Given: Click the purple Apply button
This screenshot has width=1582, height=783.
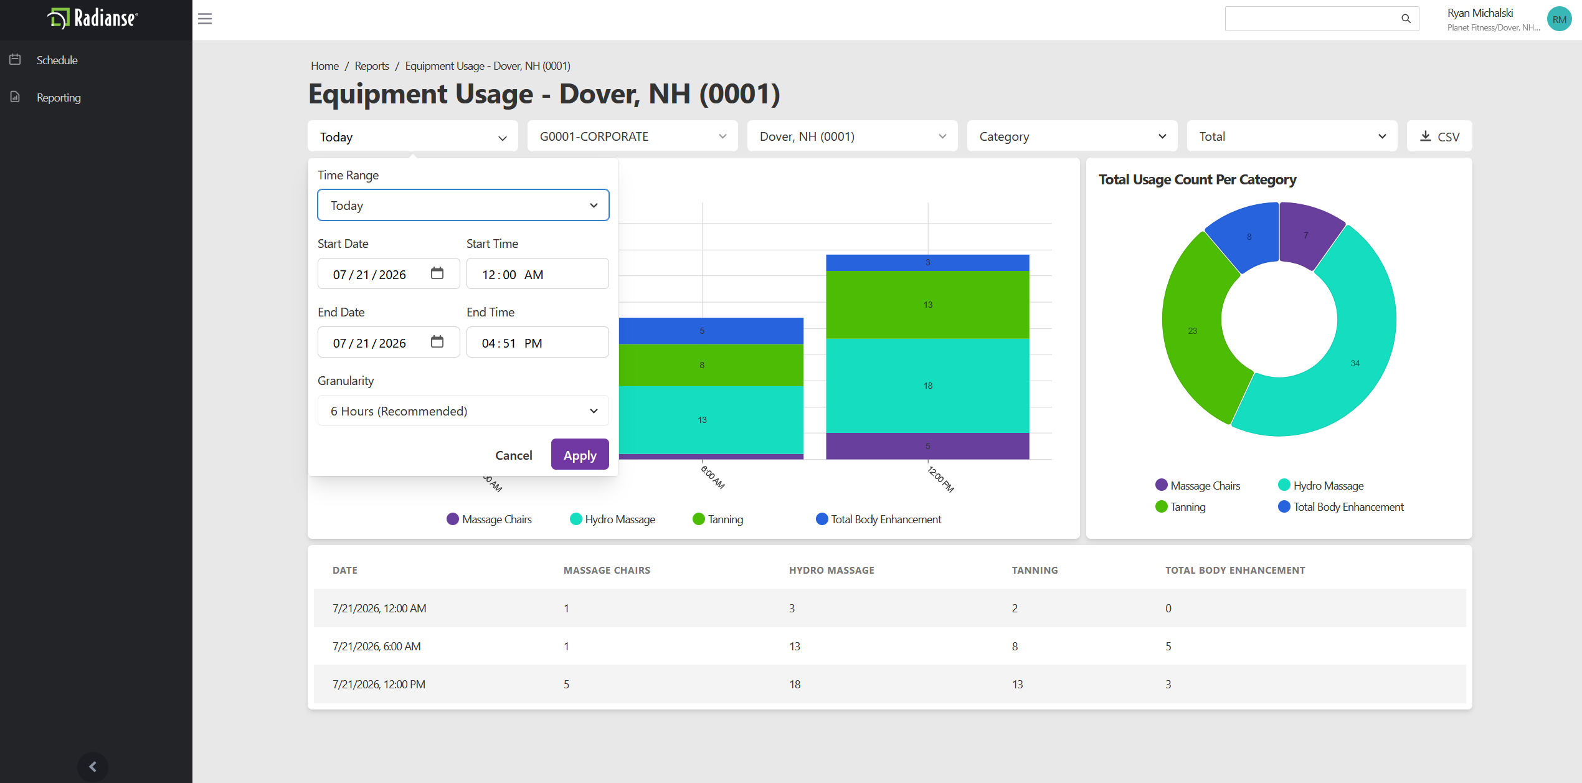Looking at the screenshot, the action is point(580,455).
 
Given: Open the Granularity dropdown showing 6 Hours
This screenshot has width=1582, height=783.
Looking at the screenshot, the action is point(463,411).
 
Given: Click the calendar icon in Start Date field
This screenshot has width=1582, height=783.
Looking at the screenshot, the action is point(437,273).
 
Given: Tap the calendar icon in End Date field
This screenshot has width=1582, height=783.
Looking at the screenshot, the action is point(437,342).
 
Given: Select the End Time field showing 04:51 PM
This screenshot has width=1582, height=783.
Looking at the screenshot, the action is point(538,343).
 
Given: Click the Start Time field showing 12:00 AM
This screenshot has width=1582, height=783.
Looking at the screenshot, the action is point(538,274).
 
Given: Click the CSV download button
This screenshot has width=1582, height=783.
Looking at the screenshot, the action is point(1439,136).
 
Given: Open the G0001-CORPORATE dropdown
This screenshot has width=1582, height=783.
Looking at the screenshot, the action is point(632,136).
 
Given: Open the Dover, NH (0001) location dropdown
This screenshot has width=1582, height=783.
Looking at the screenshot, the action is point(852,136).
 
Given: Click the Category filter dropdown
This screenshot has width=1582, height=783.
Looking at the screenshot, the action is point(1072,136).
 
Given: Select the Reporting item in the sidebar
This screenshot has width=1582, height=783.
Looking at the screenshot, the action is point(59,98).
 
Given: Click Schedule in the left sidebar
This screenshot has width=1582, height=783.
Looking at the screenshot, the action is point(57,60).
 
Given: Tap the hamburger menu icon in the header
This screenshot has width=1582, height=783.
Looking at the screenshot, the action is point(205,19).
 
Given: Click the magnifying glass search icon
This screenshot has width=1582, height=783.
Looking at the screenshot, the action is point(1406,19).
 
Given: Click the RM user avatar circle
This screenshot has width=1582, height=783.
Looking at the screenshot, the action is point(1559,19).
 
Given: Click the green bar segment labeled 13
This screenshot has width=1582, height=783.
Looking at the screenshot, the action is point(927,305).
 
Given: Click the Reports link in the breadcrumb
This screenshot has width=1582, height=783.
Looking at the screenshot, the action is point(372,66).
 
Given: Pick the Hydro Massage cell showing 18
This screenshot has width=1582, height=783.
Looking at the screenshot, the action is point(795,684).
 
